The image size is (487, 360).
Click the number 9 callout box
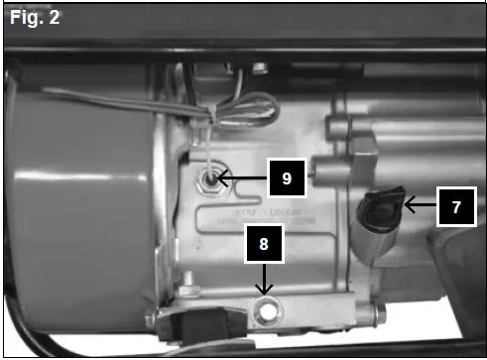[286, 180]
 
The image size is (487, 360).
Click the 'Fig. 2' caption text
[32, 19]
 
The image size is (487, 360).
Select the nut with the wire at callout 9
[210, 180]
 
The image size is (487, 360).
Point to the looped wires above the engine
[248, 104]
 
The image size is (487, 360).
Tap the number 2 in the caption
[54, 19]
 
